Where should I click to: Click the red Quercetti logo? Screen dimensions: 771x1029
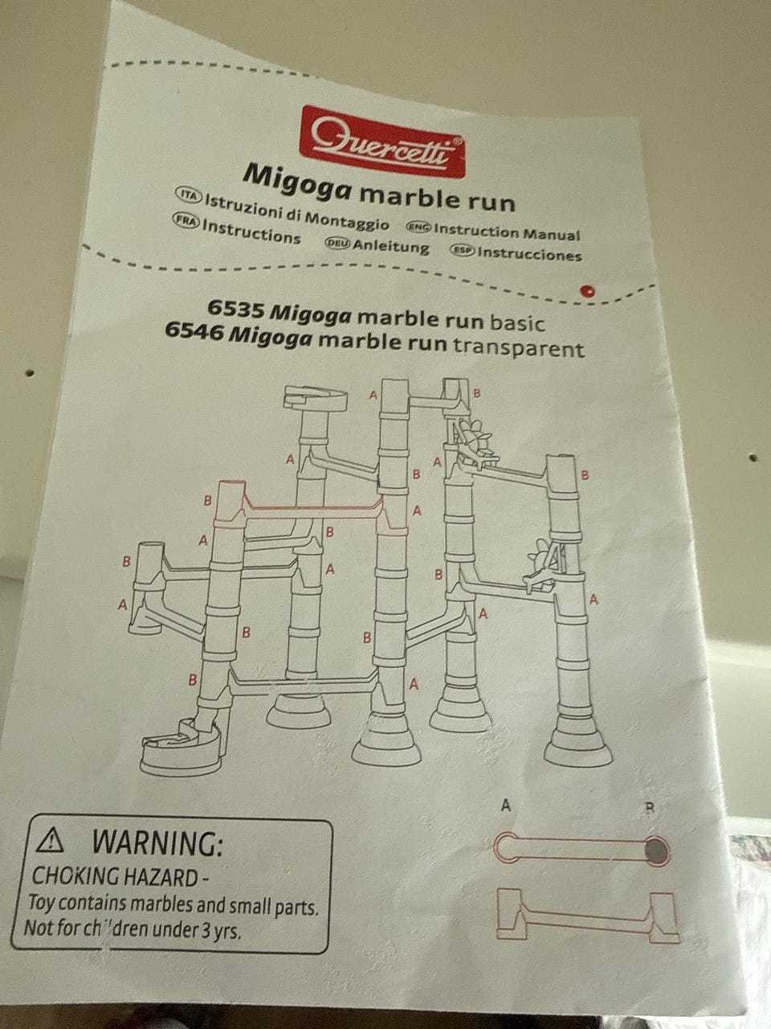[382, 141]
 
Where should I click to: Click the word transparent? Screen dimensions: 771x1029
[518, 347]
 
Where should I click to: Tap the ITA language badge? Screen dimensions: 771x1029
[189, 195]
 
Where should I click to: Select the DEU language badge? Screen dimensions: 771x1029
[337, 244]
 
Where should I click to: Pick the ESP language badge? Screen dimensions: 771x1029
[462, 251]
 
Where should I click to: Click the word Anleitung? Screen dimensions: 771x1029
[391, 246]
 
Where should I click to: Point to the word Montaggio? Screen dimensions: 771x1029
[347, 219]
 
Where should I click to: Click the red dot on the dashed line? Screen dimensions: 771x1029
[587, 291]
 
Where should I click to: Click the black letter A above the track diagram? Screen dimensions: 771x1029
[506, 806]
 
